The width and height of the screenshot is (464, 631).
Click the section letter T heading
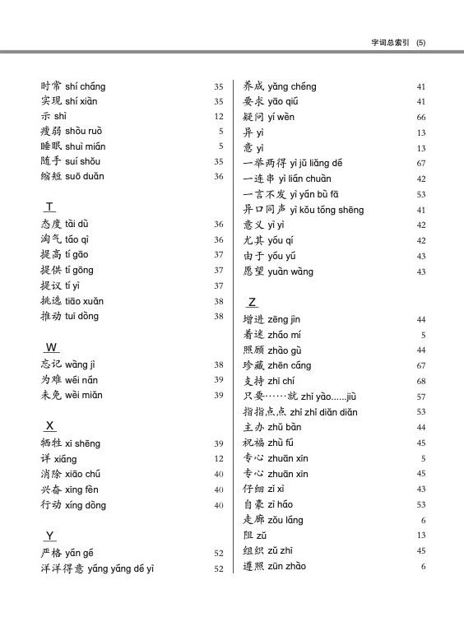click(x=50, y=206)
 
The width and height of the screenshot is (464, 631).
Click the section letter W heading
click(x=51, y=347)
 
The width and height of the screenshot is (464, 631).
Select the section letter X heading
click(x=50, y=425)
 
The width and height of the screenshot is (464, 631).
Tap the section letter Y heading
click(x=50, y=536)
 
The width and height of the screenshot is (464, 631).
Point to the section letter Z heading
click(x=253, y=301)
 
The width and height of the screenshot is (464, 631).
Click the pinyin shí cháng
click(x=86, y=86)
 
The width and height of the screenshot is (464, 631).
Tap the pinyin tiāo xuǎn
click(x=85, y=301)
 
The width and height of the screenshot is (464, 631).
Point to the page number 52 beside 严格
click(x=219, y=554)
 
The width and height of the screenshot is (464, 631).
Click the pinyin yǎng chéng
click(x=291, y=86)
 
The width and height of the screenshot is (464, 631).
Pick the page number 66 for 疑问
click(x=420, y=117)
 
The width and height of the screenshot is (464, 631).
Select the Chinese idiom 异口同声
click(x=264, y=210)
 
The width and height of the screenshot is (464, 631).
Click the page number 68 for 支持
click(x=420, y=381)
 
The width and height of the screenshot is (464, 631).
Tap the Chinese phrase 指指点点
click(x=264, y=412)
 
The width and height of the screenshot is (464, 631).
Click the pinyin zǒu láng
click(x=285, y=520)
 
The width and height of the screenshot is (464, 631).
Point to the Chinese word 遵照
click(x=253, y=566)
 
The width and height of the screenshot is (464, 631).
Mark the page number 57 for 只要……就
click(x=420, y=397)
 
